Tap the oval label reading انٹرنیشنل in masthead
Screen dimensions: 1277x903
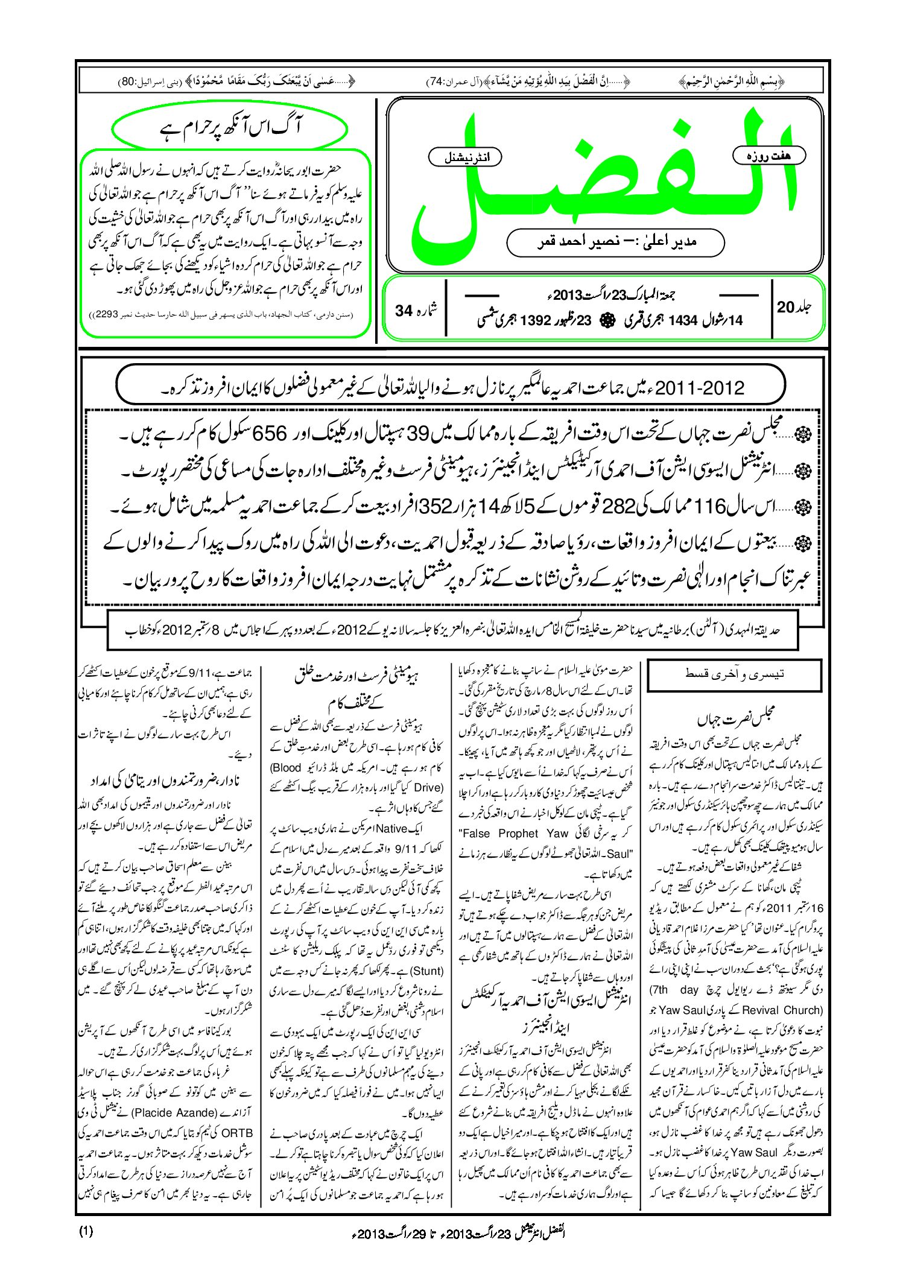point(464,157)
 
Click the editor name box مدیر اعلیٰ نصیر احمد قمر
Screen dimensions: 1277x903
point(615,242)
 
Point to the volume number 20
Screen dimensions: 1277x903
point(786,307)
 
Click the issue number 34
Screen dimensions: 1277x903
point(404,311)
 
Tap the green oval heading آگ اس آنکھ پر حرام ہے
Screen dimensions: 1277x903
point(230,128)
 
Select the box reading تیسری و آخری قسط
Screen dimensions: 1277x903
point(734,674)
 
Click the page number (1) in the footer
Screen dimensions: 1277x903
point(86,1231)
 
